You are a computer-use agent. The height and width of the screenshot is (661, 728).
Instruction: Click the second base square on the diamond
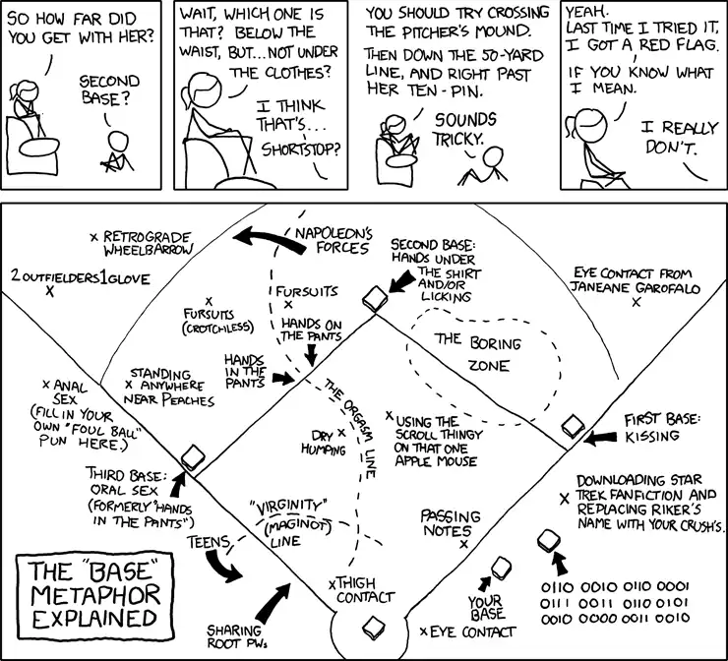(x=372, y=300)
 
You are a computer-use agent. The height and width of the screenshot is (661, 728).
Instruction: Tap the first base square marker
(x=574, y=427)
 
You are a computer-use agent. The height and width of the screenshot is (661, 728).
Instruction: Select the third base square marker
(x=192, y=458)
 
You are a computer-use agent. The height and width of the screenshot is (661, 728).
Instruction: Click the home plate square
(x=372, y=626)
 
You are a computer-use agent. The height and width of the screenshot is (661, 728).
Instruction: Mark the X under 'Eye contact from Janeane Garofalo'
(x=637, y=303)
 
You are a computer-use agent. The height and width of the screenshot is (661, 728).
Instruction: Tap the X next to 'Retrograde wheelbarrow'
(x=93, y=237)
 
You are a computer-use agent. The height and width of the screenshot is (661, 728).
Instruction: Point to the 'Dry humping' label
(x=322, y=440)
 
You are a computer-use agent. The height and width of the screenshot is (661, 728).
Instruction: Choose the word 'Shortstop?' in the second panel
(x=302, y=150)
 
